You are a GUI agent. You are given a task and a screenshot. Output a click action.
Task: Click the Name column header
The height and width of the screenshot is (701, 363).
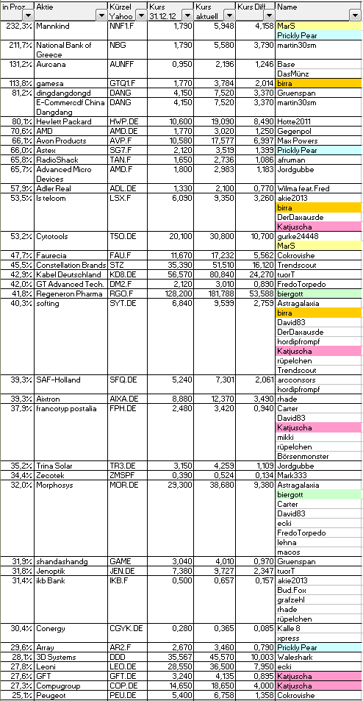287,7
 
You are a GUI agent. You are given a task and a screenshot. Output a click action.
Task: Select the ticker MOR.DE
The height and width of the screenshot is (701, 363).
123,485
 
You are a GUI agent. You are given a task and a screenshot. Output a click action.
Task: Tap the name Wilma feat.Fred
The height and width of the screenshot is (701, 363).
303,188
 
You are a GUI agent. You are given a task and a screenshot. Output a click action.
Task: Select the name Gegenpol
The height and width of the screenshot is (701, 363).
294,131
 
